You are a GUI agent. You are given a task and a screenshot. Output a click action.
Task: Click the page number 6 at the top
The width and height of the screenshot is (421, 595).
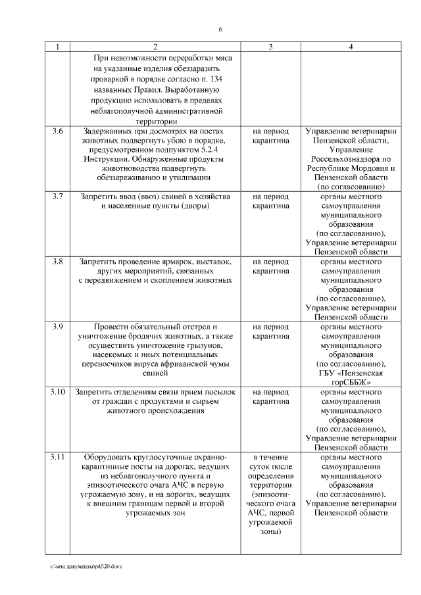coord(220,30)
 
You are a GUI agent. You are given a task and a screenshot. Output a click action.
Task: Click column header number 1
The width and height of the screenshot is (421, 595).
coord(58,47)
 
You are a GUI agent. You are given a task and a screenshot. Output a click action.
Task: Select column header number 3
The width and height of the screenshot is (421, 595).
coord(270,47)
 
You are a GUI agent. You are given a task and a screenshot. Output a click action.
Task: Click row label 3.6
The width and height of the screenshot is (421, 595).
coord(58,131)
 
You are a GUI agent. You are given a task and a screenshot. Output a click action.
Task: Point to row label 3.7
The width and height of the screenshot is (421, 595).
coord(58,197)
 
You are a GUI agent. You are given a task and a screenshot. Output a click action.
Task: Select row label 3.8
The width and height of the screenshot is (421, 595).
coord(58,262)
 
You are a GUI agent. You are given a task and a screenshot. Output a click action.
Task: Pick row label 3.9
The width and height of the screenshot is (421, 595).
coord(58,327)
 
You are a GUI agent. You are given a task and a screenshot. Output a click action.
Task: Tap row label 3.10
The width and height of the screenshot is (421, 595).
coord(58,392)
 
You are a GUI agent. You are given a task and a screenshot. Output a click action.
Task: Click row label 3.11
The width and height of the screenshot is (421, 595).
coord(58,457)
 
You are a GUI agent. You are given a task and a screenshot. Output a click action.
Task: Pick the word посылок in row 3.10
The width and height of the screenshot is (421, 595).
coord(217,392)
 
